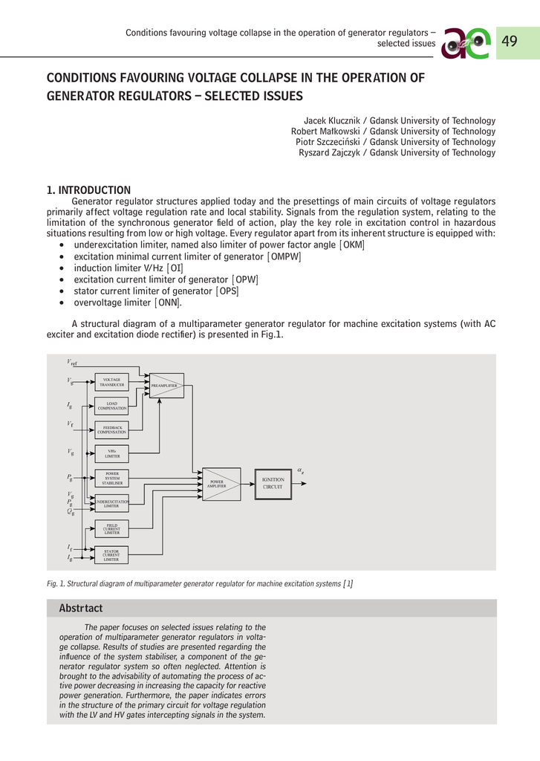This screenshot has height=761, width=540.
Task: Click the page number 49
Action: click(509, 42)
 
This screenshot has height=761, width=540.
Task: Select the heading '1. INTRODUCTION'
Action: click(88, 190)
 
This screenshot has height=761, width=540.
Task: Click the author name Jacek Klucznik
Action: click(331, 120)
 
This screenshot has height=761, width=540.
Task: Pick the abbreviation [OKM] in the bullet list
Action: click(352, 245)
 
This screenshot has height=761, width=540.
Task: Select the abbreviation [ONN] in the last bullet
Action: click(168, 302)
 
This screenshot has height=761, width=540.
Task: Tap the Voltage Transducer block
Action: click(111, 383)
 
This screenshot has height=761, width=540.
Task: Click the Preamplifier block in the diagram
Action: click(166, 386)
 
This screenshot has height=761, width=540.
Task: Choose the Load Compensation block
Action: click(111, 406)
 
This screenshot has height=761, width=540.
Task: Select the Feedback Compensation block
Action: click(111, 430)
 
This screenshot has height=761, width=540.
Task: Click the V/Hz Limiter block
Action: click(111, 453)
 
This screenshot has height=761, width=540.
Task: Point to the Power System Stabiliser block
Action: click(111, 479)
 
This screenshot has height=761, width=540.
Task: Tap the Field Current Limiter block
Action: click(111, 529)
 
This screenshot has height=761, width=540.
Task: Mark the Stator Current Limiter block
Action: click(111, 555)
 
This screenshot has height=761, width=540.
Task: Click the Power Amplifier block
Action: click(221, 484)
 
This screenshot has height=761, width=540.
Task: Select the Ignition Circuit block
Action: click(273, 483)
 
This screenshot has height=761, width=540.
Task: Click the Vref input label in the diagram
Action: click(72, 362)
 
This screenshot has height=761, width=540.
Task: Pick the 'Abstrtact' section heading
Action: click(81, 609)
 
